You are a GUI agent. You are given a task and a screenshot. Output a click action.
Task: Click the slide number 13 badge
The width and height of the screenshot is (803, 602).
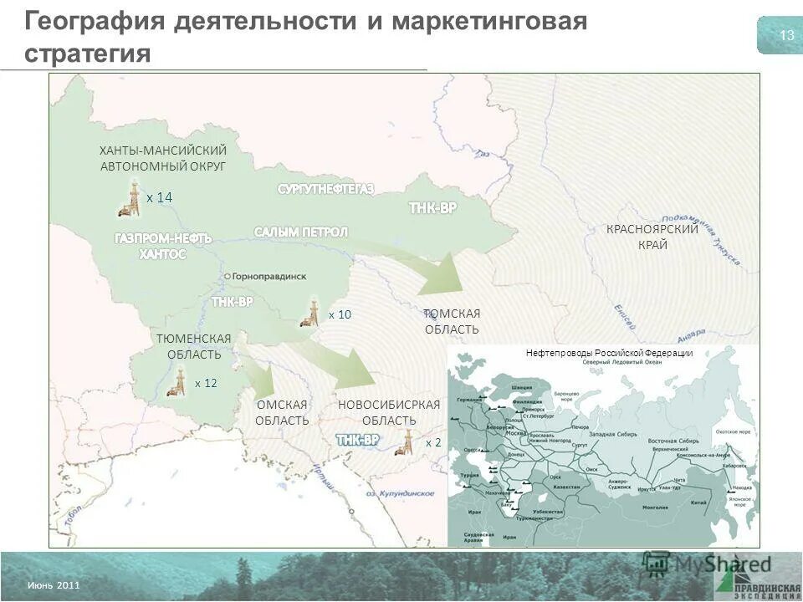[x=785, y=35]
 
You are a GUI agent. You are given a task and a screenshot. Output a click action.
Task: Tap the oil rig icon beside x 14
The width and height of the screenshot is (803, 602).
[x=130, y=199]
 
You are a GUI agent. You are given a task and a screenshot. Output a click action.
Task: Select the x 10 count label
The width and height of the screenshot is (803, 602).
[x=340, y=314]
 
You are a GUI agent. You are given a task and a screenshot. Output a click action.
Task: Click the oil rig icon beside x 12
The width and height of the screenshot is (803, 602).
[x=179, y=383]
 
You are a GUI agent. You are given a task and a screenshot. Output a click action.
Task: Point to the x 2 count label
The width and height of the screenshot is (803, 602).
[x=433, y=442]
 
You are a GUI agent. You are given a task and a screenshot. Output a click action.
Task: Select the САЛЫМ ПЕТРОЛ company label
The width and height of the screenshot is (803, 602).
[x=301, y=232]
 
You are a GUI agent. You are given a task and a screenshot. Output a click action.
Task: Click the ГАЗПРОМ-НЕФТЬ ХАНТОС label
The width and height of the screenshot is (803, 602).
[x=164, y=246]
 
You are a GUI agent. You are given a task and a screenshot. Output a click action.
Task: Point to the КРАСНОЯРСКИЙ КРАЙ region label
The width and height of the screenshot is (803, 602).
[x=652, y=237]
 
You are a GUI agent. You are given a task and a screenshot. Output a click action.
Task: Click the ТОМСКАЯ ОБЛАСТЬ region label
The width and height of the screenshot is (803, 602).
[x=452, y=321]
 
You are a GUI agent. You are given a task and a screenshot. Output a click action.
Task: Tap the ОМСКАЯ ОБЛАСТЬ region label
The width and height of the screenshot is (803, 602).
[x=283, y=412]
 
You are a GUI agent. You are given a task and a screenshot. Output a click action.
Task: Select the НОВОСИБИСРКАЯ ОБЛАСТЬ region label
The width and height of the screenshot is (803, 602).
[x=389, y=412]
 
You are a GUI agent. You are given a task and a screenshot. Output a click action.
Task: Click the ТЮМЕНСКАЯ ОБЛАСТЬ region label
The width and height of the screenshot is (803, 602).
[x=194, y=346]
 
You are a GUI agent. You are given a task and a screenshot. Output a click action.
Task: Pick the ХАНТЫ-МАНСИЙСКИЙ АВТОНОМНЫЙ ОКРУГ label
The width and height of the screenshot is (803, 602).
[x=163, y=158]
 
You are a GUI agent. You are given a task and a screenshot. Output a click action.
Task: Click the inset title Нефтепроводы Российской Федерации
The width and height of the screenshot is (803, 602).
[x=609, y=353]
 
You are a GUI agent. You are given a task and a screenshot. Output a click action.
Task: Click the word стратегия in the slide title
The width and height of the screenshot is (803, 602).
[x=87, y=54]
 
